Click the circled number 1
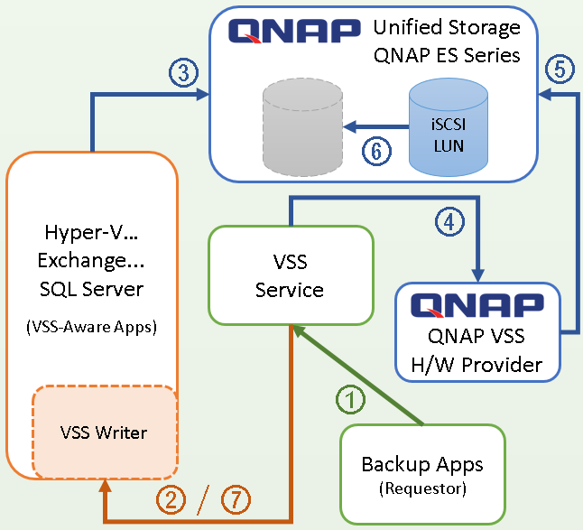point(351,399)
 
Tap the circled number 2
point(171,499)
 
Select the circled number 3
point(184,72)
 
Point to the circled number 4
point(450,222)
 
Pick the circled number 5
point(560,70)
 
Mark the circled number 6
point(376,151)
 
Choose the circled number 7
point(236,499)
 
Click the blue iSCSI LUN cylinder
point(449,126)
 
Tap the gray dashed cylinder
point(302,126)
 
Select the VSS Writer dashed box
point(106,432)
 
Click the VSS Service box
point(291,275)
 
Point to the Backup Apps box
point(422,475)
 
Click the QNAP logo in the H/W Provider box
point(477,305)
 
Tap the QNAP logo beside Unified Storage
point(294,31)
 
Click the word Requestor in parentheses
point(422,488)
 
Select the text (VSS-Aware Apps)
point(92,327)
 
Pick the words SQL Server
point(91,289)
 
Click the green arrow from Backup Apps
point(357,375)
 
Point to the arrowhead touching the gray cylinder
point(350,126)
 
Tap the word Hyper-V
point(87,232)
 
